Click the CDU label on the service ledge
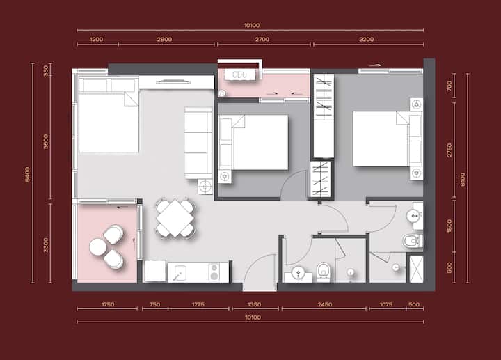[239, 75]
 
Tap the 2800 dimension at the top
[164, 39]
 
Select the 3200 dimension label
[366, 39]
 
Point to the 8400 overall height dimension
[27, 174]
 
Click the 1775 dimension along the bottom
[198, 304]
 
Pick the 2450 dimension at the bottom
[325, 304]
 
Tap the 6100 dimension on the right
[463, 180]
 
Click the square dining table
[175, 219]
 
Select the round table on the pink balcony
[98, 247]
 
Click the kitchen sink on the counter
[180, 273]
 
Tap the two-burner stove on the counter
[214, 272]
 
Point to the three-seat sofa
[198, 143]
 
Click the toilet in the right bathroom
[413, 241]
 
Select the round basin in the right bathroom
[415, 216]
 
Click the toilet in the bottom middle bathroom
[324, 272]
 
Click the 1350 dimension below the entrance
[255, 304]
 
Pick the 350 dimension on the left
[46, 71]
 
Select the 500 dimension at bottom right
[414, 304]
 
